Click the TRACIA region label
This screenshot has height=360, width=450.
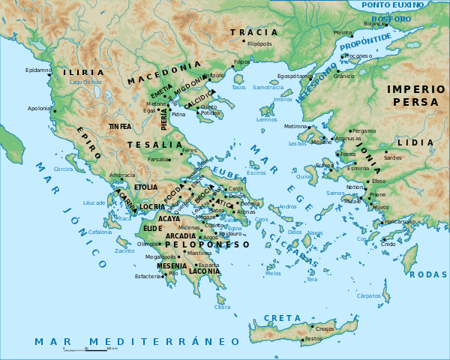tap(253, 32)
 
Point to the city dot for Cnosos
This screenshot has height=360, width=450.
tap(312, 328)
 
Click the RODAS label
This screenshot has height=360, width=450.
tap(429, 274)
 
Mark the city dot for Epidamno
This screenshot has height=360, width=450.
tap(54, 70)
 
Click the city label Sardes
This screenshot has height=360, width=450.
tap(392, 158)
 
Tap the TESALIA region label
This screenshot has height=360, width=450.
tap(155, 145)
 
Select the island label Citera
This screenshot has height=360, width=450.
tap(223, 307)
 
